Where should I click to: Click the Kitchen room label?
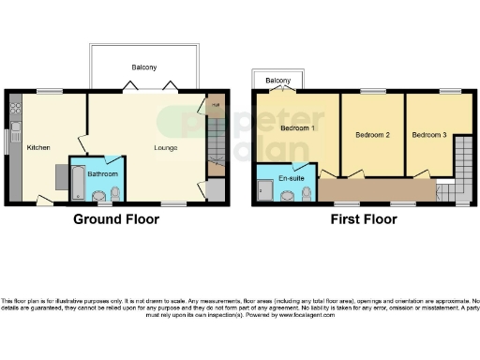pos(37,147)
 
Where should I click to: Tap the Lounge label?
pos(167,147)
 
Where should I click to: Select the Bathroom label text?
pos(102,173)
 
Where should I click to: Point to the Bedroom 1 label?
pos(298,127)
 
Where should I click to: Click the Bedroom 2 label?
pos(372,135)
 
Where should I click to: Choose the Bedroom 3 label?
pos(429,135)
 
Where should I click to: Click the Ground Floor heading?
pos(116,219)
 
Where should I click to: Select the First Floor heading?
pos(363,219)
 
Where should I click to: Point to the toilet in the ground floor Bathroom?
pos(114,194)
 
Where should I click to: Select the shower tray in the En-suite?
pos(265,191)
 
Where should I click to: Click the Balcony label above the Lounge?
pos(143,67)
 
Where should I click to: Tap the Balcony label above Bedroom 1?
pos(278,82)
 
